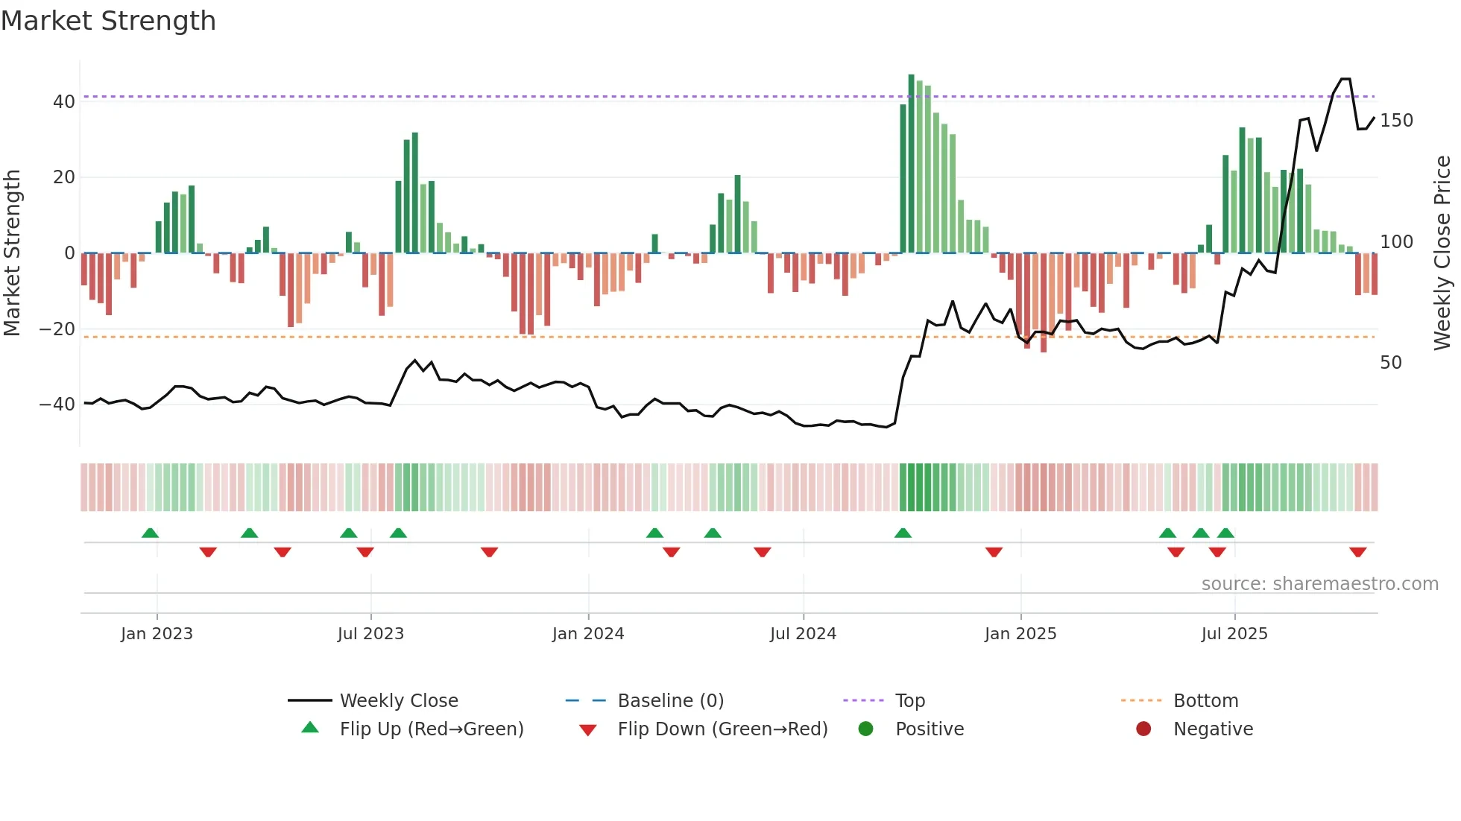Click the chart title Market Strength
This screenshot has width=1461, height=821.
click(108, 20)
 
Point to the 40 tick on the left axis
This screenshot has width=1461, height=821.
click(63, 102)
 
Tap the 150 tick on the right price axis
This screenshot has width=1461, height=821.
click(1396, 121)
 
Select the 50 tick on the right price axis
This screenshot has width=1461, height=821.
click(1391, 363)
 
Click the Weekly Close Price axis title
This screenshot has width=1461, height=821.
click(1442, 253)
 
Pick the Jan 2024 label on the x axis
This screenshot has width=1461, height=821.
click(587, 634)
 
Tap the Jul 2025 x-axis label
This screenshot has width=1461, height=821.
click(1234, 634)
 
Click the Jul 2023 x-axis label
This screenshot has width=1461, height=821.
click(370, 634)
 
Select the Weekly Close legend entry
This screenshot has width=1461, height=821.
click(398, 701)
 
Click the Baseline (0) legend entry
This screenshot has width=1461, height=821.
click(670, 701)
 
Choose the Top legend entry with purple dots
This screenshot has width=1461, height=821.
click(909, 701)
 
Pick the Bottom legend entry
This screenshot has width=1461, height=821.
click(1205, 701)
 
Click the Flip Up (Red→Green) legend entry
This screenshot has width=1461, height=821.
click(431, 729)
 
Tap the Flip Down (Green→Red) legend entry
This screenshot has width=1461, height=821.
click(722, 729)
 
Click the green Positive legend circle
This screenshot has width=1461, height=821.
click(865, 729)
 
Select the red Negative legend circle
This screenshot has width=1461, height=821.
click(1143, 729)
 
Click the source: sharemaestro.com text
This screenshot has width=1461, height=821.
click(1319, 584)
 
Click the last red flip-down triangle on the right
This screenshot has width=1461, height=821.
click(1357, 552)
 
